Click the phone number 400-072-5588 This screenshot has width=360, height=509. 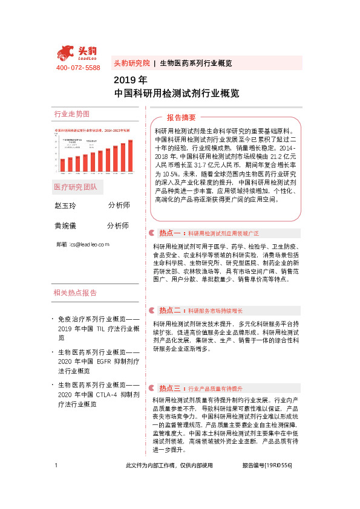78,68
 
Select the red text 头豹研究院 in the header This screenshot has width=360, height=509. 131,63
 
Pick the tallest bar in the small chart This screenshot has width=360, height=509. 129,149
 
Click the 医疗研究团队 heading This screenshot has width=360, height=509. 75,187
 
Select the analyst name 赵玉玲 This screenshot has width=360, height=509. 66,206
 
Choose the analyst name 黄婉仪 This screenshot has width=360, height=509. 66,225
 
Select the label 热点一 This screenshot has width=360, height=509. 169,233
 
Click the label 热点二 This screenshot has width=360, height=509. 169,310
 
